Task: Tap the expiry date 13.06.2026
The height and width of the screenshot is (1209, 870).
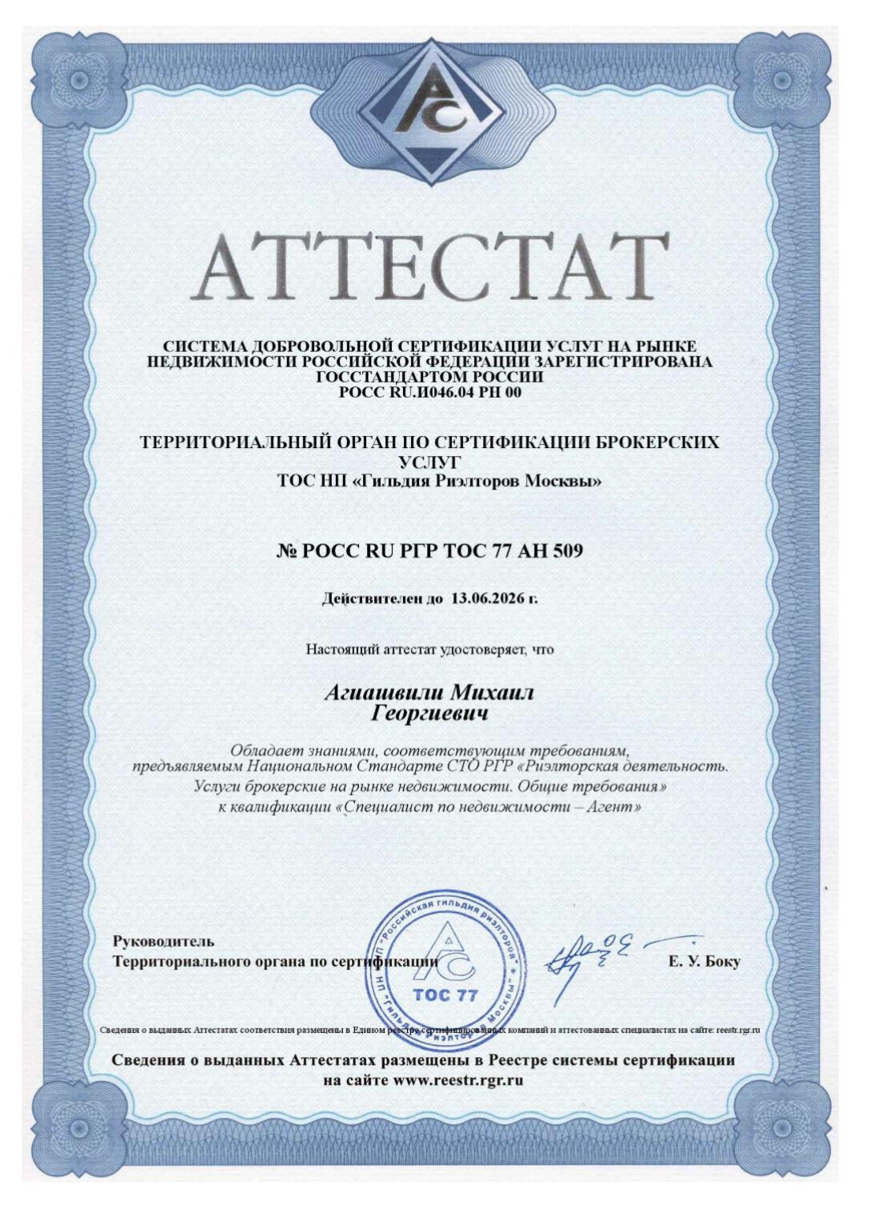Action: tap(487, 598)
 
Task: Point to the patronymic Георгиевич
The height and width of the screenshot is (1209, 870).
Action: tap(431, 713)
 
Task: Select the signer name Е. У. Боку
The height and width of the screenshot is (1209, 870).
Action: tap(704, 962)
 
